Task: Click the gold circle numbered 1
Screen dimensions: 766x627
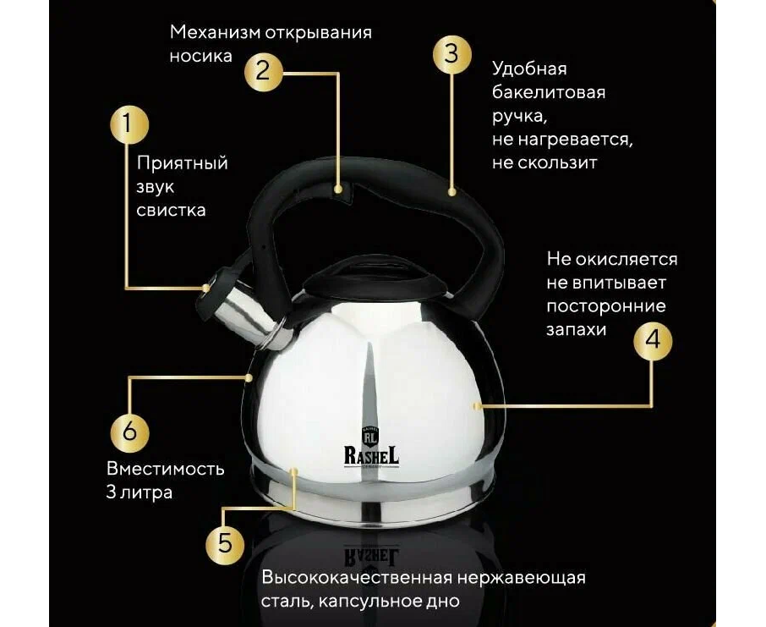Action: click(x=129, y=124)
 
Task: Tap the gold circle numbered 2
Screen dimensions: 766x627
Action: click(x=263, y=71)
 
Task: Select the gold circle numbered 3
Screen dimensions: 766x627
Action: click(x=451, y=53)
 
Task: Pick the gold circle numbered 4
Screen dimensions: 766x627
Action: click(x=653, y=340)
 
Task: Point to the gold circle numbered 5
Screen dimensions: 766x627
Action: click(x=225, y=544)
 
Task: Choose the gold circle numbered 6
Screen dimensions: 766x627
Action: click(x=129, y=432)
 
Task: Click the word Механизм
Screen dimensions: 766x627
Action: click(x=215, y=32)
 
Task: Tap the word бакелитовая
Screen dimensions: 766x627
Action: click(x=549, y=92)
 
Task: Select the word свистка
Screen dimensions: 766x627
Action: click(x=171, y=211)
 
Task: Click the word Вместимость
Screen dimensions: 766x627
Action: click(x=166, y=469)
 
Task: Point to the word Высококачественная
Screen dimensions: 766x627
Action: click(x=356, y=577)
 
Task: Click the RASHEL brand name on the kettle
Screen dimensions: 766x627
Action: click(x=371, y=455)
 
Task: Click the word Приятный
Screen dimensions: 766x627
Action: click(x=183, y=163)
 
